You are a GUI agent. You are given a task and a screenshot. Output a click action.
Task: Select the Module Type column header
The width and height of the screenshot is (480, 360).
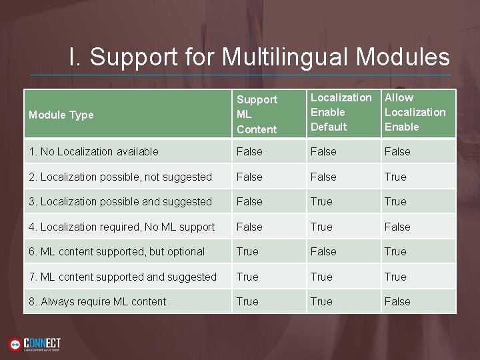pyautogui.click(x=61, y=115)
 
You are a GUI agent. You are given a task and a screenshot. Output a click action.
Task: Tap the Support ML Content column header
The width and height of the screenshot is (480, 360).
pyautogui.click(x=257, y=114)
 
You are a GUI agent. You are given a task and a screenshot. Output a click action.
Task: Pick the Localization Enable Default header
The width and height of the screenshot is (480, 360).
pyautogui.click(x=341, y=112)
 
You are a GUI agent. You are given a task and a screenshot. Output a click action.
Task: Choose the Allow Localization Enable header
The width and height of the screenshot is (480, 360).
pyautogui.click(x=415, y=112)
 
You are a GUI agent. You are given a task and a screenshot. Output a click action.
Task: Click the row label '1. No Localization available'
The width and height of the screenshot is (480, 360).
pyautogui.click(x=93, y=151)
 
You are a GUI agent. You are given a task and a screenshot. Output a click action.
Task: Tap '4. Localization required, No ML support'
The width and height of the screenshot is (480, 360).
pyautogui.click(x=121, y=227)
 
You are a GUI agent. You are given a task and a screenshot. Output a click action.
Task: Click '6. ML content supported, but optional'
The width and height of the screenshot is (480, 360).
pyautogui.click(x=116, y=251)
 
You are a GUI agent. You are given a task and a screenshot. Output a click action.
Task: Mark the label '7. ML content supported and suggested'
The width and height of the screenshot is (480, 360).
pyautogui.click(x=122, y=277)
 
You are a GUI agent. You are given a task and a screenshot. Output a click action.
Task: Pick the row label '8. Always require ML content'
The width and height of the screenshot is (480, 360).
pyautogui.click(x=97, y=301)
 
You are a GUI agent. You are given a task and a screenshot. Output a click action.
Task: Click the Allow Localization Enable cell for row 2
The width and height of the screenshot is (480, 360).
pyautogui.click(x=395, y=177)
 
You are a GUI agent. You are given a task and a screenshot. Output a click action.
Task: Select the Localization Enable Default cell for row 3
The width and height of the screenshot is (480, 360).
pyautogui.click(x=321, y=201)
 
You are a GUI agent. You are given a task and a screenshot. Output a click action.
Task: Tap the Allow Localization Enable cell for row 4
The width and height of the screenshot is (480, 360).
pyautogui.click(x=397, y=227)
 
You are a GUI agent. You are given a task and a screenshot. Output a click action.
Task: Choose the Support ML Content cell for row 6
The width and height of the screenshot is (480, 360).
pyautogui.click(x=247, y=251)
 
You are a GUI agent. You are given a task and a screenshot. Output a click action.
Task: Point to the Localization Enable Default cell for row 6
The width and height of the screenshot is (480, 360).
pyautogui.click(x=323, y=251)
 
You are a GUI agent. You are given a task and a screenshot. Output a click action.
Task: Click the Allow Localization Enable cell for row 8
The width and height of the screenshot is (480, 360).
pyautogui.click(x=397, y=301)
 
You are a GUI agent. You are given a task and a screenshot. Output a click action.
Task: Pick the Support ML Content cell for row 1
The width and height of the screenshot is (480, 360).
pyautogui.click(x=249, y=151)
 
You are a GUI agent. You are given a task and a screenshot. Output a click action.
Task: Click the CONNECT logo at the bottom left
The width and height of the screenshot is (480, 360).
pyautogui.click(x=35, y=344)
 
